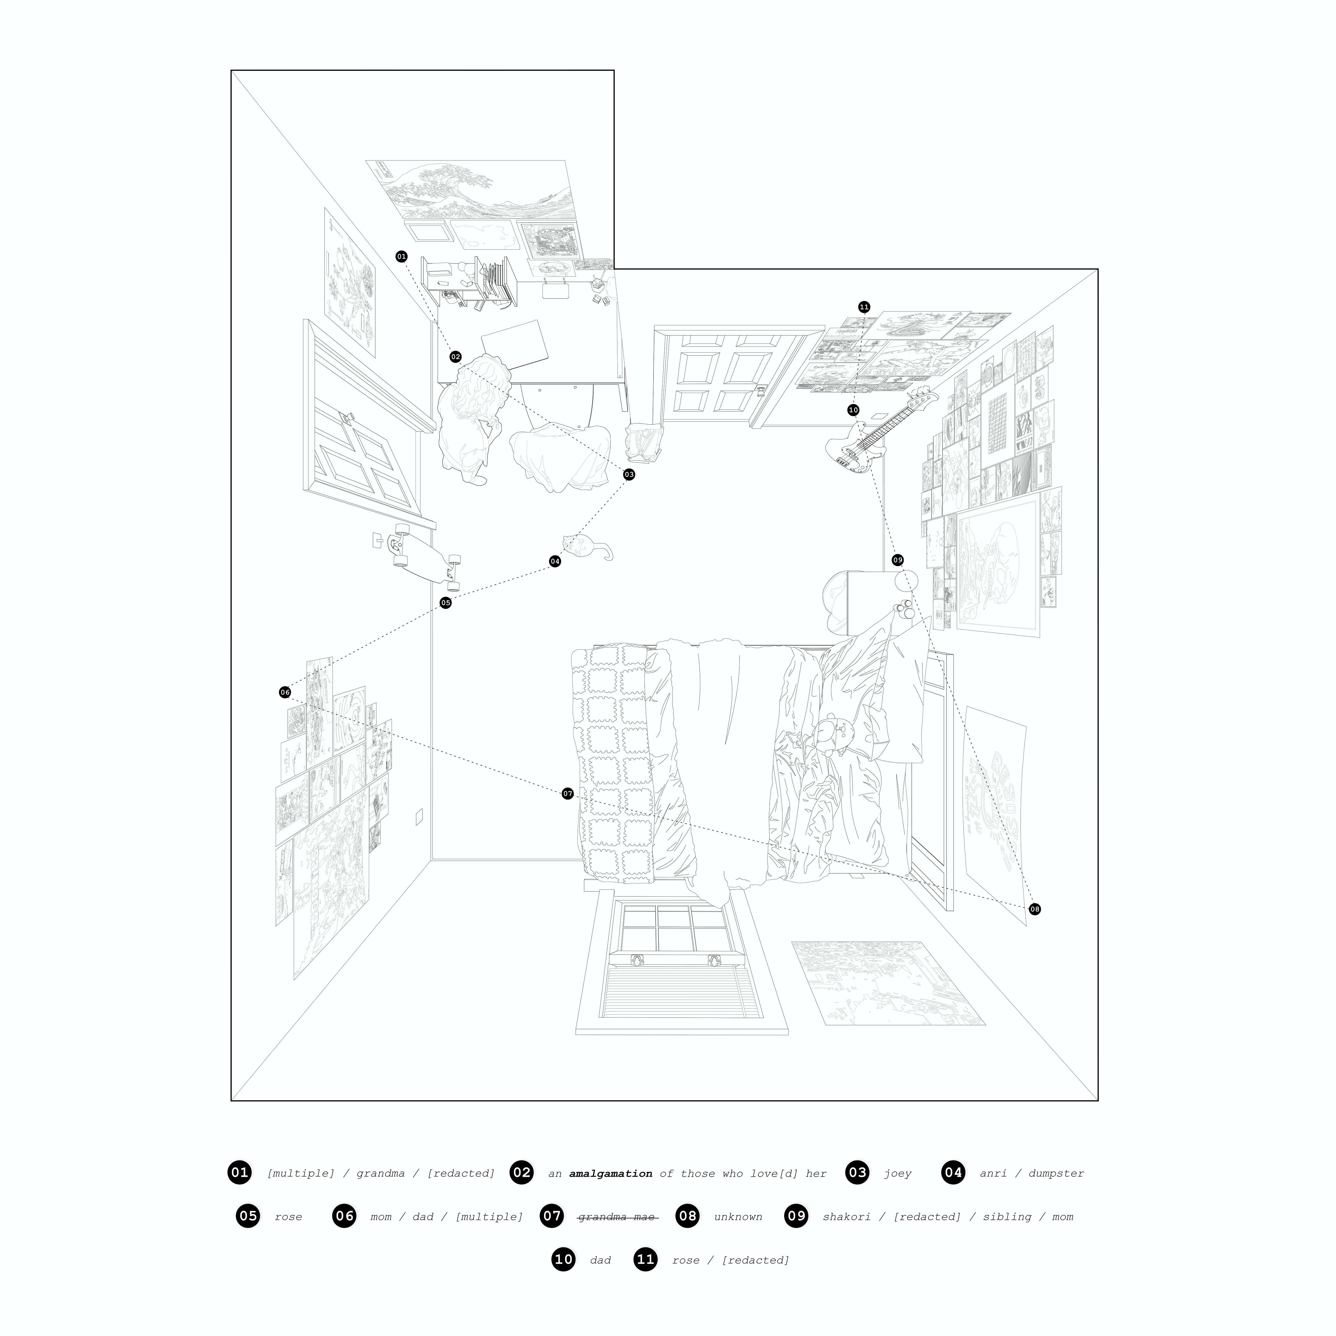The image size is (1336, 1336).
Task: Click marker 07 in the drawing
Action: coord(568,794)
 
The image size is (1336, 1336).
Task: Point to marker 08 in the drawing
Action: coord(1035,909)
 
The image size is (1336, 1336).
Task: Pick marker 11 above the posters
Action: coord(864,307)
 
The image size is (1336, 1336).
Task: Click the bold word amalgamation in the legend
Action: coord(611,1174)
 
